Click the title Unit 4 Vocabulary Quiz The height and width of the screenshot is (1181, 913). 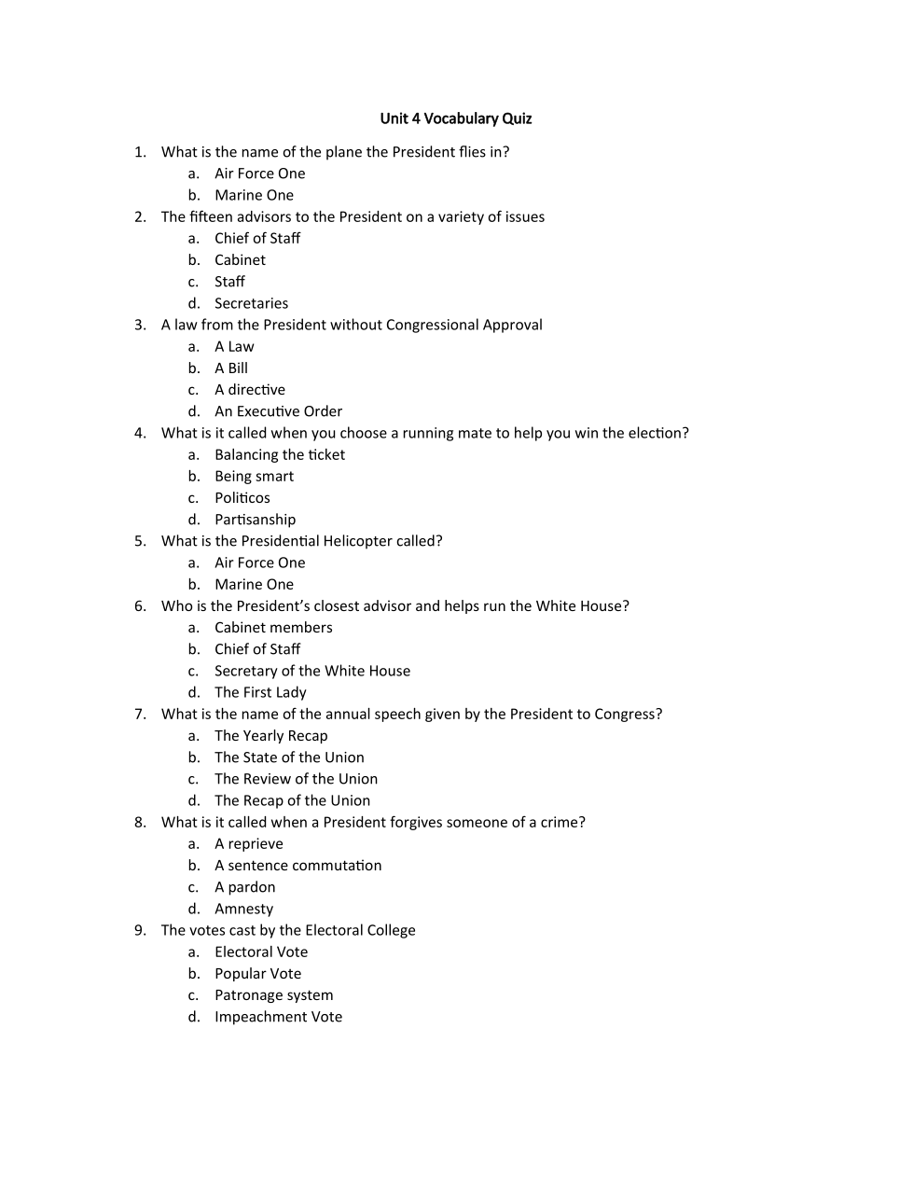point(455,118)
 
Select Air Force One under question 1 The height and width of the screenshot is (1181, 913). point(259,174)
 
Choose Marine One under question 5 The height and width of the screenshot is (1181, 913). point(254,584)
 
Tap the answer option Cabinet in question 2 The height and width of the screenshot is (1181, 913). point(240,260)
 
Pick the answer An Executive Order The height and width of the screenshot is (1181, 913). point(278,411)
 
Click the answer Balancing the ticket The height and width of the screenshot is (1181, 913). point(279,454)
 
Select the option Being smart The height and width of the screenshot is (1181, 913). point(254,476)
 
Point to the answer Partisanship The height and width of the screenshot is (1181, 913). point(255,520)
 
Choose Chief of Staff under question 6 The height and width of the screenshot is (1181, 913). point(257,649)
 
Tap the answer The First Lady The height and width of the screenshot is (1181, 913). point(260,692)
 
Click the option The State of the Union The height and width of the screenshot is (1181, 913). point(289,757)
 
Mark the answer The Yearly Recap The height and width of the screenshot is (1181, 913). point(270,736)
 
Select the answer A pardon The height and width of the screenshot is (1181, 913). point(244,887)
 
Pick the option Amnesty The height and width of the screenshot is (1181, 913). point(243,909)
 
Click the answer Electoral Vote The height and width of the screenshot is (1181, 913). point(260,952)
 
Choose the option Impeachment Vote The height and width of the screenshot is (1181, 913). point(278,1017)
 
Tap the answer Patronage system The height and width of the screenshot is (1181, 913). point(273,995)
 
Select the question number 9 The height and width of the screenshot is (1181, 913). point(140,930)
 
